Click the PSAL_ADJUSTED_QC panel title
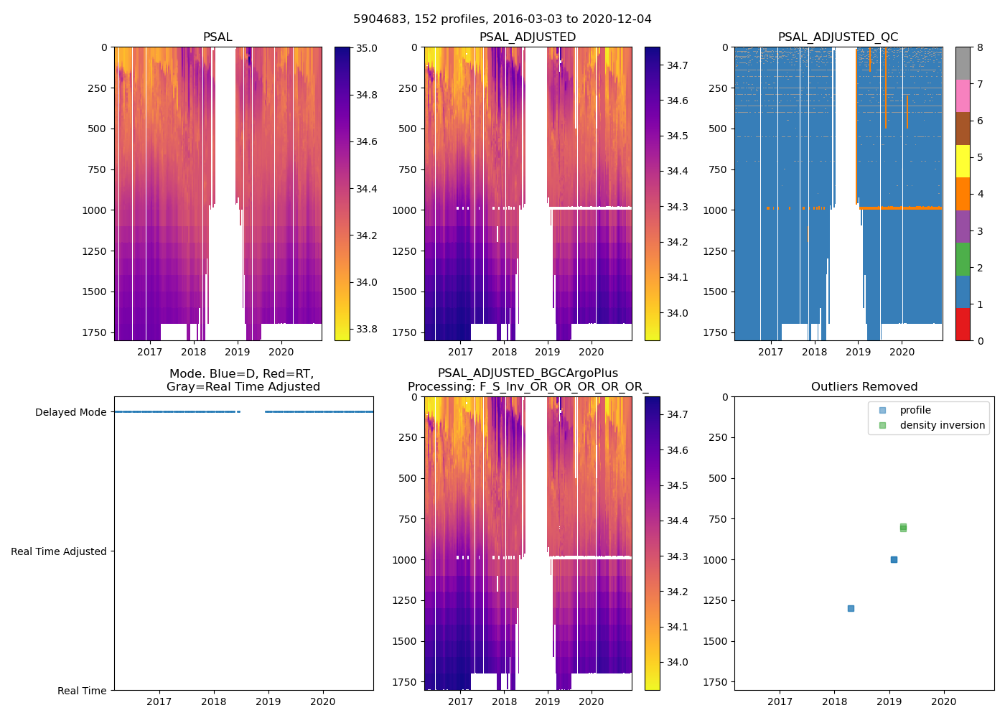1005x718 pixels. pos(838,37)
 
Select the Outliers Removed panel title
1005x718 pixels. pos(864,387)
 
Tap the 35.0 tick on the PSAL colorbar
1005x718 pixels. pos(367,48)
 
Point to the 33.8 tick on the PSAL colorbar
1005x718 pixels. pos(367,330)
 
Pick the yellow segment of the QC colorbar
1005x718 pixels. pos(963,162)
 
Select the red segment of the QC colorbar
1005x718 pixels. pos(963,325)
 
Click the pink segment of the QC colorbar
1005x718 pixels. pos(963,95)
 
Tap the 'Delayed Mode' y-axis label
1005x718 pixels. pos(70,412)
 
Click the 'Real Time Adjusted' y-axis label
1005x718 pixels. pos(59,551)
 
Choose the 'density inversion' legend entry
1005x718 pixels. pos(942,425)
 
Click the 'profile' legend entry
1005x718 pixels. pos(915,410)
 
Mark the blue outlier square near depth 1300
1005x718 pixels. pos(851,608)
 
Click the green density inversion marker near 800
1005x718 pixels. pos(903,528)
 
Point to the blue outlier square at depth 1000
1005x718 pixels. pos(894,559)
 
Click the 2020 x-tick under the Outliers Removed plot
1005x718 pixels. pos(943,701)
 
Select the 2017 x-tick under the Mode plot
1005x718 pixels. pos(159,701)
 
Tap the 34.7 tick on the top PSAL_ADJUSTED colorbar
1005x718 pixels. pos(677,65)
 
